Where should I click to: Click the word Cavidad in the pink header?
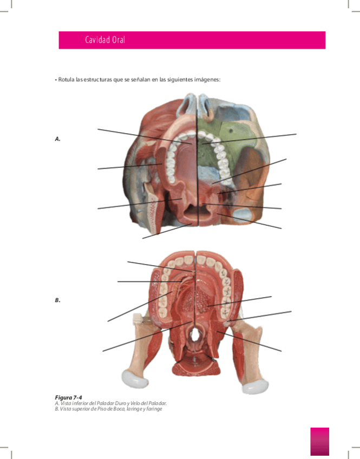pyautogui.click(x=97, y=41)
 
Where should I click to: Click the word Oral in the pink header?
pyautogui.click(x=119, y=41)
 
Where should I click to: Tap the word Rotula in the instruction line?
pyautogui.click(x=66, y=80)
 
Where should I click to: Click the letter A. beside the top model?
pyautogui.click(x=57, y=139)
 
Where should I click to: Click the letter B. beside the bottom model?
pyautogui.click(x=57, y=300)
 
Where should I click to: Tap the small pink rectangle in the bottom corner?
pyautogui.click(x=319, y=441)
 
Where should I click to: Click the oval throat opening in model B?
pyautogui.click(x=193, y=336)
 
